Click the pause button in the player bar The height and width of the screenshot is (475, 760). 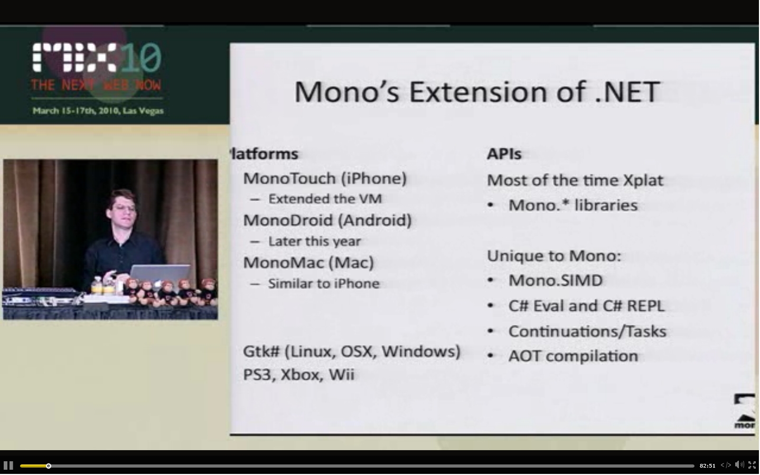[8, 465]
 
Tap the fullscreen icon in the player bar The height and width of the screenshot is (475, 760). [752, 465]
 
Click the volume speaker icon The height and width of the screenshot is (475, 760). [739, 465]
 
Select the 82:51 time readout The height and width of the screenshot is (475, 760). [707, 466]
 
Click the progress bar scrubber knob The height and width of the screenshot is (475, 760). [49, 466]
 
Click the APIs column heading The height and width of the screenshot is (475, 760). [504, 154]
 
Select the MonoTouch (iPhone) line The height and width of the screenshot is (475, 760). [325, 179]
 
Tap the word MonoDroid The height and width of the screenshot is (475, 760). [288, 220]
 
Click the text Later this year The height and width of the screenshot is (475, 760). [315, 241]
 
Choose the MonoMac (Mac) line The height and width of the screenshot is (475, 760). [308, 263]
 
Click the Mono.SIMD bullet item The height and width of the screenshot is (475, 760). [556, 281]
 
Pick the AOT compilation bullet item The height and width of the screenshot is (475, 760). [573, 356]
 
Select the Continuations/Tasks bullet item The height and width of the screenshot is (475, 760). [587, 331]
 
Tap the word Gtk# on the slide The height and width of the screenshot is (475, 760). [261, 351]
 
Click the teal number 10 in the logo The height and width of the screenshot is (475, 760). [140, 57]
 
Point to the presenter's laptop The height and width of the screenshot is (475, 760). [160, 274]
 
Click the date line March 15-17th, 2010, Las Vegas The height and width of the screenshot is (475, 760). [98, 110]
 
